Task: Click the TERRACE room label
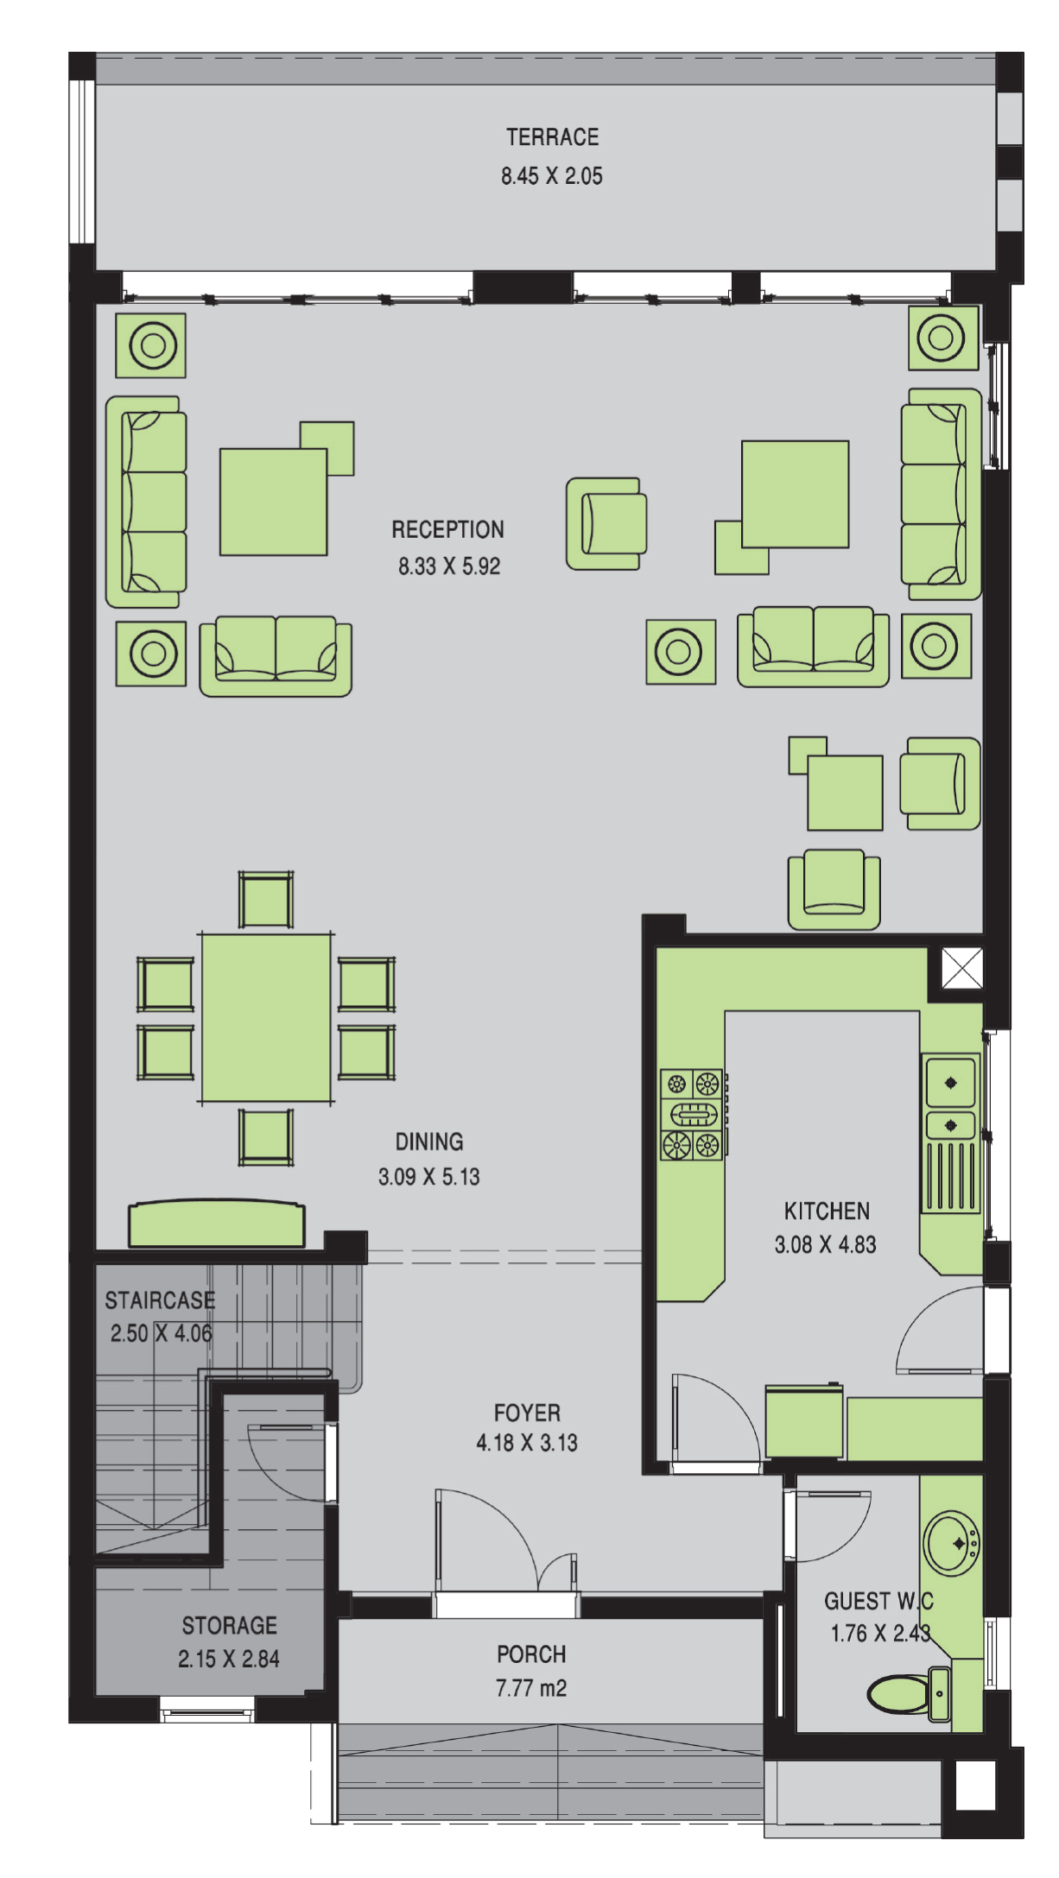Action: click(552, 137)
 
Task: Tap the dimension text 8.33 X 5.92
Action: click(449, 566)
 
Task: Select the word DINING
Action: click(429, 1141)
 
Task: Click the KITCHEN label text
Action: click(827, 1211)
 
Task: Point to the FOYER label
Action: click(527, 1413)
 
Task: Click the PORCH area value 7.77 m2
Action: click(531, 1688)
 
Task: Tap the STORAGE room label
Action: click(229, 1626)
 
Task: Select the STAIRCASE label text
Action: click(160, 1300)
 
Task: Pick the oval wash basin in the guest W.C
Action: click(951, 1543)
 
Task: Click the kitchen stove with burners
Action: click(692, 1114)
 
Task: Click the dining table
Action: click(266, 1018)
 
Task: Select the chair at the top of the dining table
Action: click(266, 901)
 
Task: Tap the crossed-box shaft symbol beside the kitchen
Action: click(961, 968)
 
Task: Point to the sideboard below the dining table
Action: click(217, 1224)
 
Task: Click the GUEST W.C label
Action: click(878, 1601)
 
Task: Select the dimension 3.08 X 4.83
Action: click(825, 1245)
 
